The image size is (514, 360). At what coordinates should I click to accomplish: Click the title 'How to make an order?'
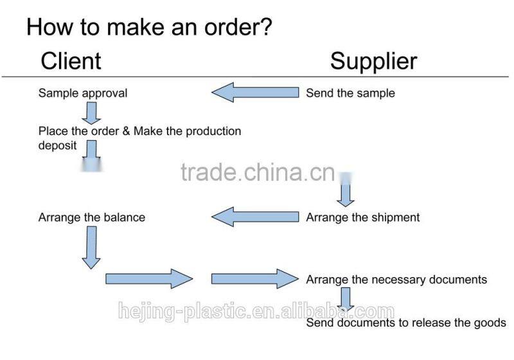149,27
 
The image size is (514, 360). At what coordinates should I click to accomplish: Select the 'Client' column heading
71,61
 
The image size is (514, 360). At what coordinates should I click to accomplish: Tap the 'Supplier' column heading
373,61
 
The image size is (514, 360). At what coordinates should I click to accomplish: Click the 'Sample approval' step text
83,93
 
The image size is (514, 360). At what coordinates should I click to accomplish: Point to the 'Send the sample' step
350,93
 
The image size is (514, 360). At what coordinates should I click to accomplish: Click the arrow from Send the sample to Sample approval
255,93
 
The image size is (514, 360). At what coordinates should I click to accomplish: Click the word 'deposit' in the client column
58,145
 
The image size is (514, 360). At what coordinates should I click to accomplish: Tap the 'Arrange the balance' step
92,217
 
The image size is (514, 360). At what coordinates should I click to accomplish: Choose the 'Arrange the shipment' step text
362,217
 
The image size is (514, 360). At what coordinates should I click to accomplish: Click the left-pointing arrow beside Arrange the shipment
255,217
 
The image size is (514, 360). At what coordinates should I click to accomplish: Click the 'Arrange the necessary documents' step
396,280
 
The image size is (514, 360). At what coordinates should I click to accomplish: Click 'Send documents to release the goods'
405,323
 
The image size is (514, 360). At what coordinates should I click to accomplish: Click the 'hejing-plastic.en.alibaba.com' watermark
256,313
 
